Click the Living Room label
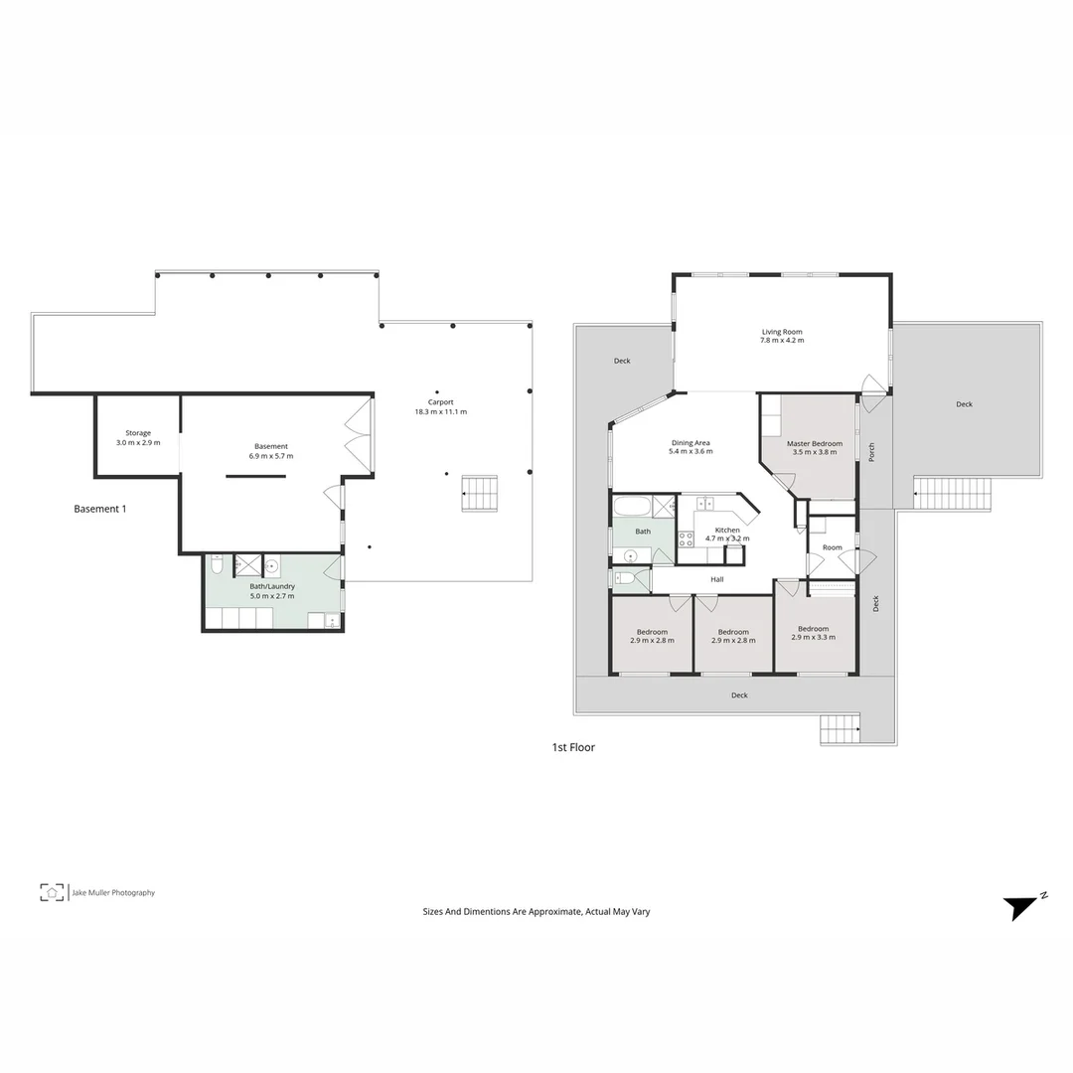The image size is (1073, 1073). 782,332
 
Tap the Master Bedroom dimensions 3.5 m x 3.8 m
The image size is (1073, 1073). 815,452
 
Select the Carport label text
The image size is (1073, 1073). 440,402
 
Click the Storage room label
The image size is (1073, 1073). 138,433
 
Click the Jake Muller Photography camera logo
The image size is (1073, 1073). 52,892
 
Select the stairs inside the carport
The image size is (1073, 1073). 480,494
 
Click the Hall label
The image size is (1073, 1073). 716,579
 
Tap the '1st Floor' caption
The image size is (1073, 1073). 573,747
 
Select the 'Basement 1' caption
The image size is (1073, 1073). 100,509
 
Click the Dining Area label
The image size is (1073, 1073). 690,443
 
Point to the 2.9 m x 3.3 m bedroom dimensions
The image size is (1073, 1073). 813,637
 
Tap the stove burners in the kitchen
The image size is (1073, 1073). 686,539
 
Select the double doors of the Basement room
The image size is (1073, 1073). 357,435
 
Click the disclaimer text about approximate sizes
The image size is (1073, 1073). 536,911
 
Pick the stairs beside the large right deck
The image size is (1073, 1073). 953,493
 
